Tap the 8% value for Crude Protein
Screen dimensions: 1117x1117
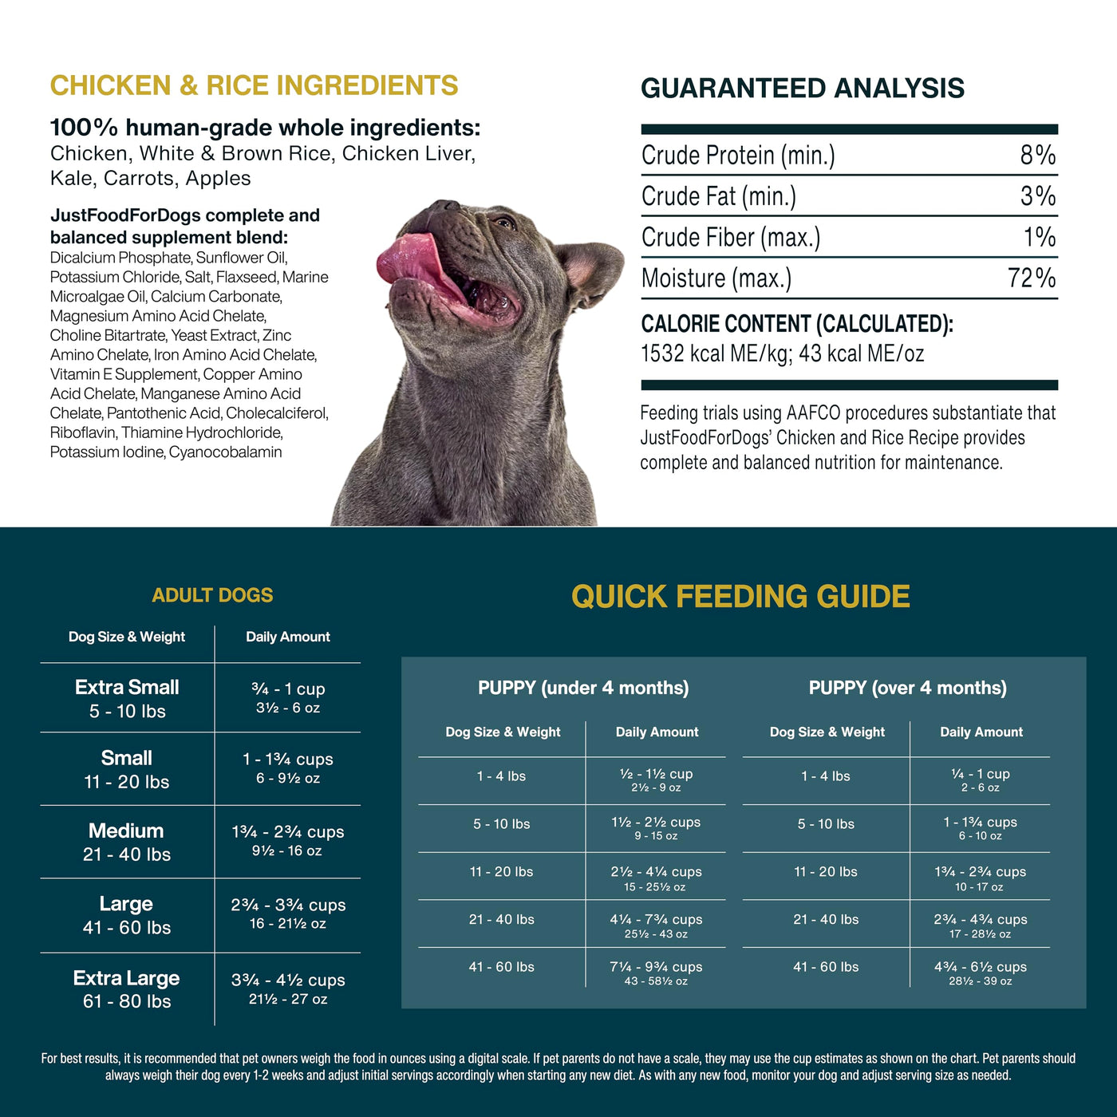click(x=1037, y=156)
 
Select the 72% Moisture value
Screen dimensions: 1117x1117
click(x=1032, y=278)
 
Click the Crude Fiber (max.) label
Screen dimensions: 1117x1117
click(x=730, y=238)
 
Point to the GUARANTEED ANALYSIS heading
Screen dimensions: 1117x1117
click(x=803, y=88)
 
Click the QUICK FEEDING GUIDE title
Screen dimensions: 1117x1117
click(x=740, y=596)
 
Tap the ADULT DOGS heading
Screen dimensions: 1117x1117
click(x=212, y=595)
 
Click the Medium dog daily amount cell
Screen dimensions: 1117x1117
click(x=288, y=840)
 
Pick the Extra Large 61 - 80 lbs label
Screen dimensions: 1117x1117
click(x=127, y=989)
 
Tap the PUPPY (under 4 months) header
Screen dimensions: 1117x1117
click(x=584, y=688)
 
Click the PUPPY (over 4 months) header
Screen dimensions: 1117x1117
click(x=908, y=688)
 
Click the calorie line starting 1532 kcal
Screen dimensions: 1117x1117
click(x=783, y=353)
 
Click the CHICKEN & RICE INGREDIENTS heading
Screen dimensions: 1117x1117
click(x=254, y=85)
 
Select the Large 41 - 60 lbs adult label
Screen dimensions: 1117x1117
click(x=127, y=915)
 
